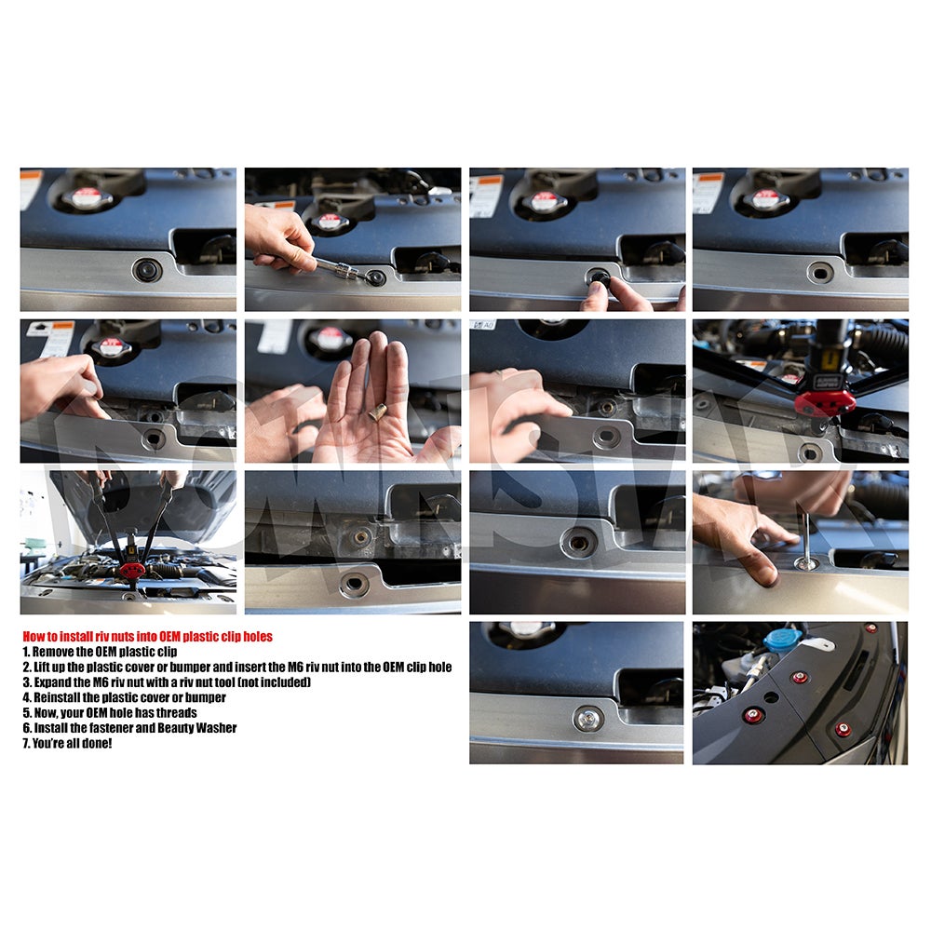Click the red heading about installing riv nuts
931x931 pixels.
tap(147, 637)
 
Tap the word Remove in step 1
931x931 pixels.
tap(53, 652)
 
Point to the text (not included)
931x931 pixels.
tap(275, 682)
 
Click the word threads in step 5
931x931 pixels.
tap(177, 712)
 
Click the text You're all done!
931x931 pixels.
tap(72, 743)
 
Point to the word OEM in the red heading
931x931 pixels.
tap(169, 637)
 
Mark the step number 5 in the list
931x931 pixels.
tap(27, 712)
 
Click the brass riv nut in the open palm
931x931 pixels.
tap(378, 411)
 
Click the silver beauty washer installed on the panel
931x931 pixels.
tap(588, 719)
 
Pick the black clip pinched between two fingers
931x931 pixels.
tap(599, 278)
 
